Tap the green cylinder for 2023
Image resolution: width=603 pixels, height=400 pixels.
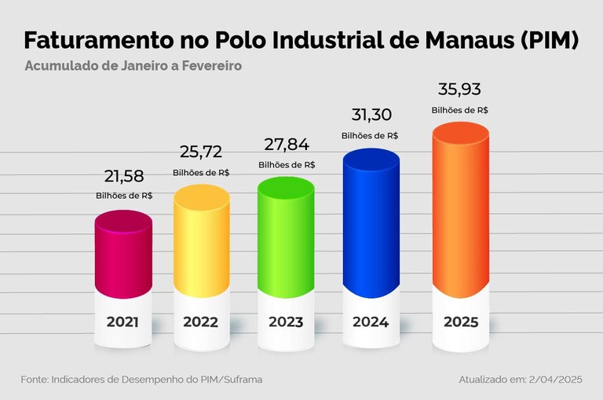(x=287, y=236)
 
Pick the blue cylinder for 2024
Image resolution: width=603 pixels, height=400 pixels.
(x=371, y=224)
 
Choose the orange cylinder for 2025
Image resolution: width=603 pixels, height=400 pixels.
(x=461, y=212)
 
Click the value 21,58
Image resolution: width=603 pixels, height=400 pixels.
(x=124, y=175)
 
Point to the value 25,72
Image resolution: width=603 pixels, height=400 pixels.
(x=201, y=152)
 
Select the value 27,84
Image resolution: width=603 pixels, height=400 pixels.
(x=287, y=144)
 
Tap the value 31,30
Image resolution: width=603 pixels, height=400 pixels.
(x=370, y=116)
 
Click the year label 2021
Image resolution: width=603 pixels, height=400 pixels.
(x=123, y=321)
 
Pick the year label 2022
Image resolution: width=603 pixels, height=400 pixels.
(x=201, y=321)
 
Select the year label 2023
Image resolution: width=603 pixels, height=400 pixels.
(x=287, y=321)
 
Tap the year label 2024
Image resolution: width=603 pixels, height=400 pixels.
(x=371, y=321)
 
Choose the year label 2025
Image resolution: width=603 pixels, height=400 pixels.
(x=461, y=321)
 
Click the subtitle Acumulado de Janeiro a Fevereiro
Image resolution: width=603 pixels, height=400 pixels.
(x=133, y=66)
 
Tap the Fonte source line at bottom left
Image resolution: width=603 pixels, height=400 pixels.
(x=141, y=380)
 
